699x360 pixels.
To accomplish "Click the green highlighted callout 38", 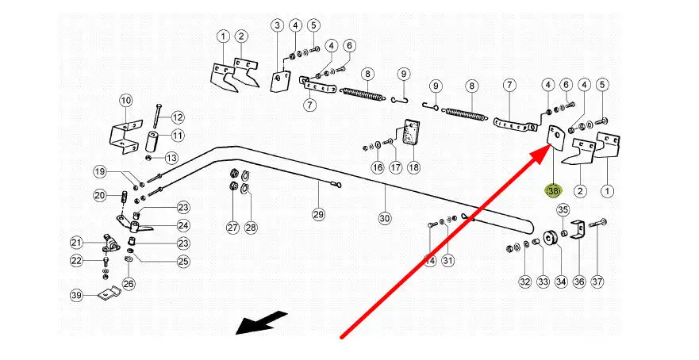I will coord(552,191).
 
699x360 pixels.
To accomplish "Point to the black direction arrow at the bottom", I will coord(262,322).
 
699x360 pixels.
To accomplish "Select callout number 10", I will coord(126,101).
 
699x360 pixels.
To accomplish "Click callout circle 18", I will coord(413,167).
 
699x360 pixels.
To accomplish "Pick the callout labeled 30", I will coord(385,217).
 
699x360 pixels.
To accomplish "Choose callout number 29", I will coord(318,214).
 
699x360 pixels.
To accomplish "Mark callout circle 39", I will coord(76,295).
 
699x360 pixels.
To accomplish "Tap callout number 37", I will coord(597,281).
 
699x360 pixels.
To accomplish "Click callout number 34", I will coord(561,281).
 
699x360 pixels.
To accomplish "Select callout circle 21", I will coord(76,243).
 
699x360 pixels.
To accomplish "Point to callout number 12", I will coord(177,117).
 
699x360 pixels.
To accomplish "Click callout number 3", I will coord(277,26).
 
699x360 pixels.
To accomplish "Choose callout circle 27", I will coord(232,228).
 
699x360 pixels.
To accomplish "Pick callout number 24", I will coord(183,226).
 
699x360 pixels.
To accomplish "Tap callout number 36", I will coord(579,281).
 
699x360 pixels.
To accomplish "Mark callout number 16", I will coord(378,167).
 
